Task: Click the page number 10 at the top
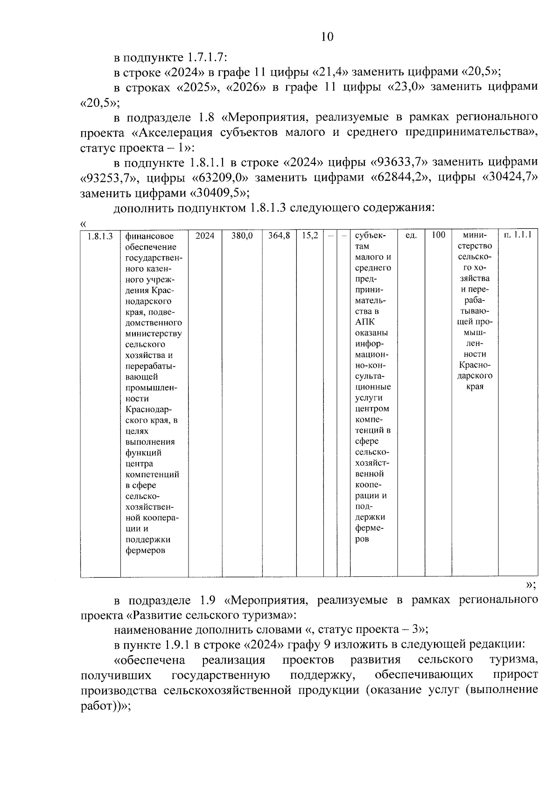click(x=327, y=37)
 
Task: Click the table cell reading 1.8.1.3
click(x=100, y=236)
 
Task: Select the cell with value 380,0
click(x=242, y=236)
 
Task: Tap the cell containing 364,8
click(x=279, y=236)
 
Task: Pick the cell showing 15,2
click(x=310, y=236)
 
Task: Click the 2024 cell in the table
click(x=205, y=236)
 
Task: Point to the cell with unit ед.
click(x=411, y=236)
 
